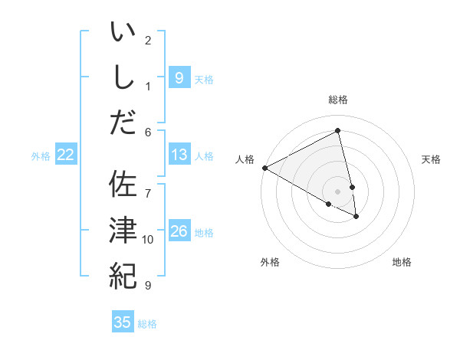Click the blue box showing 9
click(179, 77)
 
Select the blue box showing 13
click(179, 155)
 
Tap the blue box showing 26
click(179, 232)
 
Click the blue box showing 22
click(66, 155)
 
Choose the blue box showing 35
click(123, 322)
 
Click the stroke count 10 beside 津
click(148, 240)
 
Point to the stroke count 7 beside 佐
click(148, 186)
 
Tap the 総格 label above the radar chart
click(338, 100)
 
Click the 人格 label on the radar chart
click(245, 159)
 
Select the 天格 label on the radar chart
click(432, 159)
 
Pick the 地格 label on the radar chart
click(402, 262)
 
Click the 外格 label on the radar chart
click(270, 262)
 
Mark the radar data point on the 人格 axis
click(264, 168)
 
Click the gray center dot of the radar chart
click(338, 191)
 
